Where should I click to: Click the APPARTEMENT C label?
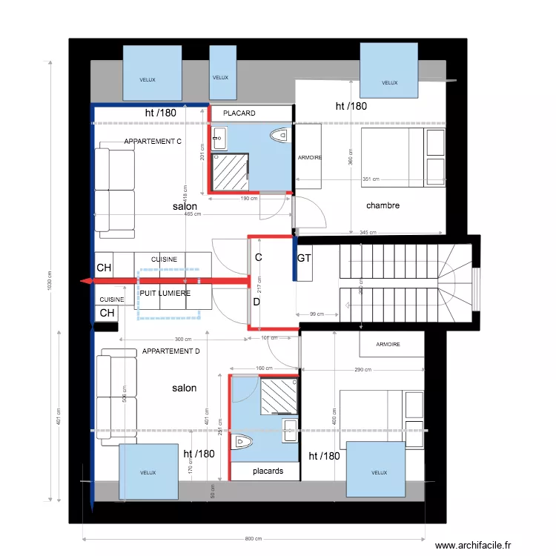(153, 141)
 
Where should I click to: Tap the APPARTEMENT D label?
(171, 351)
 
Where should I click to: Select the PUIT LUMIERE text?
(165, 294)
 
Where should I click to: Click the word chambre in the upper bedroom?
(383, 205)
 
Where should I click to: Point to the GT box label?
(304, 259)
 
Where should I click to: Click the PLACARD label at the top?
(239, 113)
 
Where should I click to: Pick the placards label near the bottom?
(268, 471)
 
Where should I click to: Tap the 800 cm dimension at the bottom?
(254, 538)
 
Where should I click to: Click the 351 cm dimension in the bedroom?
(371, 179)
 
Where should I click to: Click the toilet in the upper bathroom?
(279, 135)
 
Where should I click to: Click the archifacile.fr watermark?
(473, 545)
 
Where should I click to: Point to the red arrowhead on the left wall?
(86, 281)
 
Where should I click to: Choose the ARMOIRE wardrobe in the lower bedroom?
(388, 344)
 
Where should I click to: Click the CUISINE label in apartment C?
(164, 259)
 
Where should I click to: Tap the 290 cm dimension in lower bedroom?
(363, 370)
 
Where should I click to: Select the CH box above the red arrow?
(104, 267)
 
